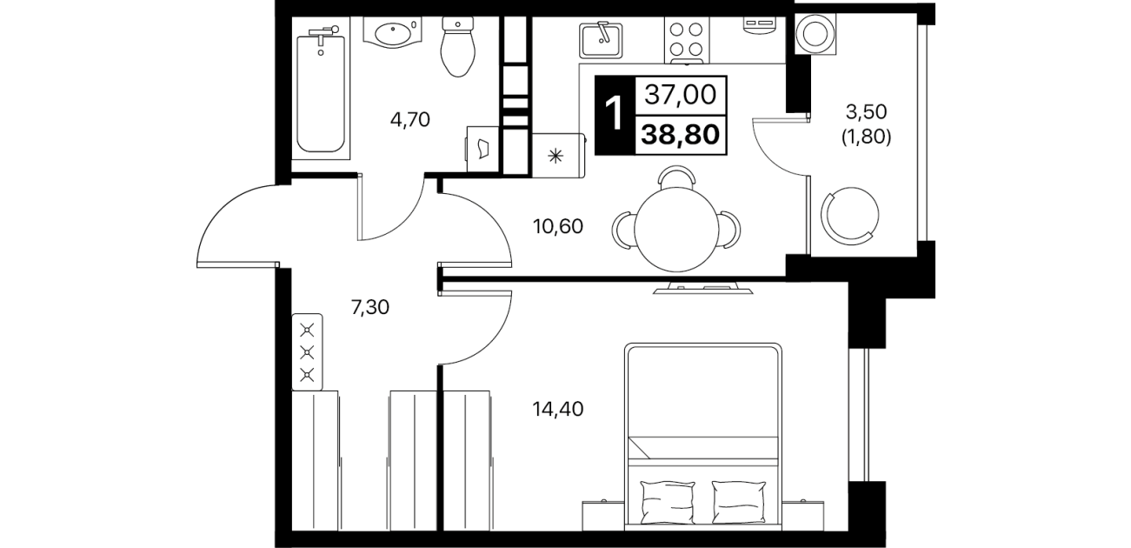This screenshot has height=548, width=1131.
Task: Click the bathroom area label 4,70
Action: tap(410, 120)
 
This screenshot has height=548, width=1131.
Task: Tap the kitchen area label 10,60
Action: tap(558, 226)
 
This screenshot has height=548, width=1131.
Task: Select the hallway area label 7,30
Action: tap(370, 307)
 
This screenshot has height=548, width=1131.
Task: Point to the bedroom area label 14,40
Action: tap(558, 409)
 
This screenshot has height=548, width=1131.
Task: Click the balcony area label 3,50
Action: tap(867, 112)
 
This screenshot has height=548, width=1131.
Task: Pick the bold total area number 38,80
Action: tap(680, 135)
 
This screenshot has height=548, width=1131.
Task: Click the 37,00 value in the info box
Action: tap(681, 95)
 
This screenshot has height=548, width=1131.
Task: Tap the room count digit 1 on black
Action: tap(615, 115)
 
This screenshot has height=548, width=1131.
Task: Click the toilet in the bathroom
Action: tap(458, 46)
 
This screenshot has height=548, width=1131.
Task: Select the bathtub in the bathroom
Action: tap(321, 94)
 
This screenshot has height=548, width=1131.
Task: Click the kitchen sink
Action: tap(601, 40)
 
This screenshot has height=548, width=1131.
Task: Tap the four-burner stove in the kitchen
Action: tap(686, 40)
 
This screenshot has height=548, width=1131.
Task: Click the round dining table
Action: tap(676, 230)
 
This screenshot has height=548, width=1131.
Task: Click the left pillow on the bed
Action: tap(668, 502)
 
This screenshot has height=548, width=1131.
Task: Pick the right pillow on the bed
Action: tap(738, 502)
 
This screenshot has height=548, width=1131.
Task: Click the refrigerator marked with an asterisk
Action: tap(559, 155)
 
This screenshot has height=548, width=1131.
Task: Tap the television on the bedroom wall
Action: tap(702, 289)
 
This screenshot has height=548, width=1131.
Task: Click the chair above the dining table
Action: tap(676, 177)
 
